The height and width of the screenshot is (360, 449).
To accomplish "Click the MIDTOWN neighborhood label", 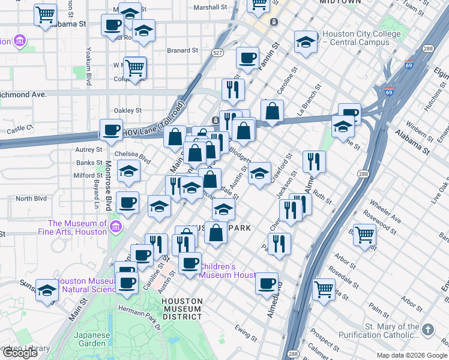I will tap(341, 2).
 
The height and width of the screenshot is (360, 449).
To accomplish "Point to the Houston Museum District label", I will tap(182, 308).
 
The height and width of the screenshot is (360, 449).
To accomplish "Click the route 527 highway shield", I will tap(217, 53).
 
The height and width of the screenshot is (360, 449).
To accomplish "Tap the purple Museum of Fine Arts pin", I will tap(116, 227).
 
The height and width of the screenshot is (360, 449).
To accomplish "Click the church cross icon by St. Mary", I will tap(427, 329).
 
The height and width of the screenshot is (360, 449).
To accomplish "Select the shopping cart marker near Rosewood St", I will tap(364, 235).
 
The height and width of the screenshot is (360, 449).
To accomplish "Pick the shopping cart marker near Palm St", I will tap(324, 289).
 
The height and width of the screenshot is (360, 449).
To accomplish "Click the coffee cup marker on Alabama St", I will tap(112, 26).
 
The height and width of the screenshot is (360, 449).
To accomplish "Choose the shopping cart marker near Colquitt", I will tap(135, 67).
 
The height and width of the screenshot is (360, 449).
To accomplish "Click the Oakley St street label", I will tap(128, 110).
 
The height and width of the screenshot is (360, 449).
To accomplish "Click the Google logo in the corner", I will tap(20, 353).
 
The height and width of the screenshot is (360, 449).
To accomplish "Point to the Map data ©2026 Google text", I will tap(411, 355).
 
